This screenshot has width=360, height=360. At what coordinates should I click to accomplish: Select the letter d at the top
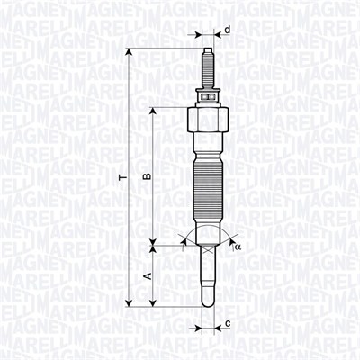coord(227,31)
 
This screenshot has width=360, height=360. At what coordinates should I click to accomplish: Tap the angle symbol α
coord(238,245)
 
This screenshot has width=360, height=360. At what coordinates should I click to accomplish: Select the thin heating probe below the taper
coord(206,274)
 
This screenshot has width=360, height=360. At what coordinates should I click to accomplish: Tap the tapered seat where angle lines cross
coord(206,241)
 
